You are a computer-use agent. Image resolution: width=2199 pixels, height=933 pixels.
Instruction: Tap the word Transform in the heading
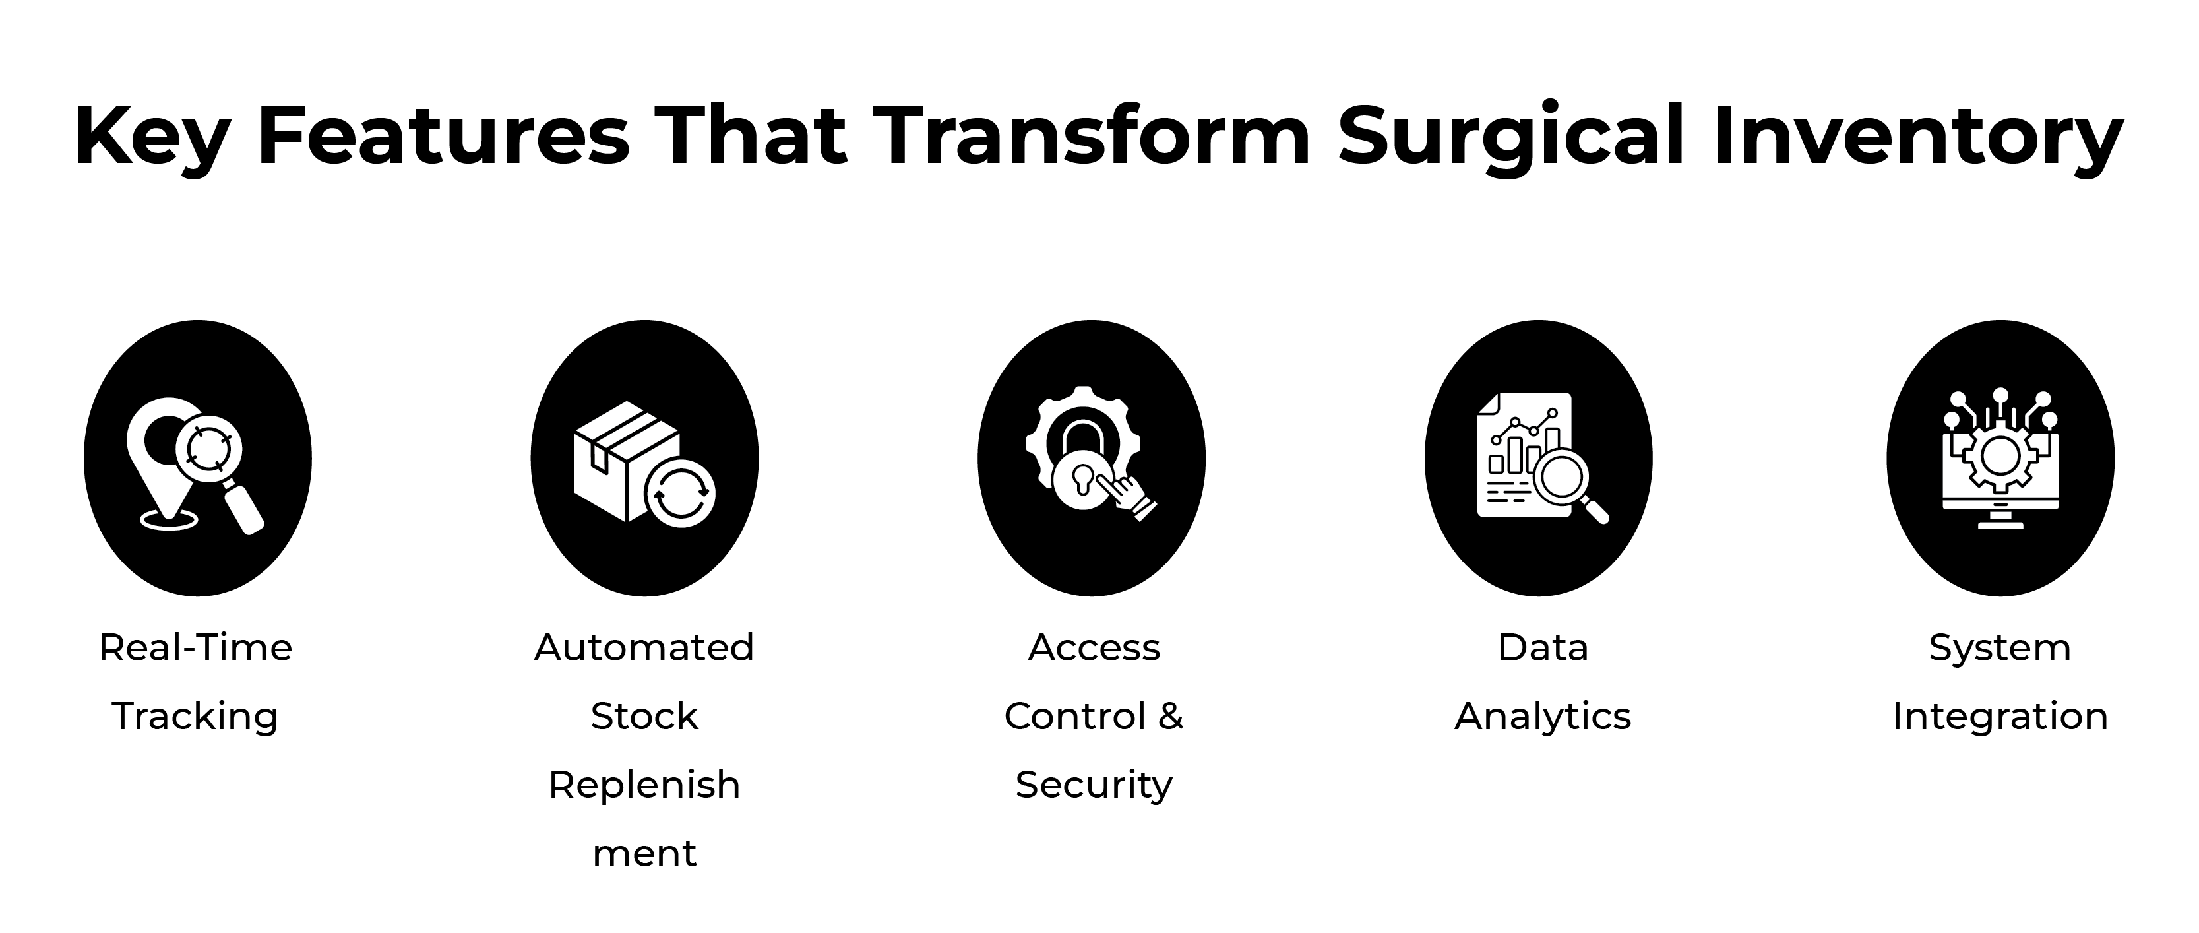tap(1092, 135)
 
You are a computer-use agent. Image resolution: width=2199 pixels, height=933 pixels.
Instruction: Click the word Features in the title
tap(443, 135)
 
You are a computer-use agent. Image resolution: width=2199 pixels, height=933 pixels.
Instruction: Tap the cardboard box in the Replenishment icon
tap(623, 457)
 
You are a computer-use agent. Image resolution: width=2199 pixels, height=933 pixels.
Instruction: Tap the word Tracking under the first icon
tap(195, 716)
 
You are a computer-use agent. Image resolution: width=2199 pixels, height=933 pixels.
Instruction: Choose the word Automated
tap(644, 647)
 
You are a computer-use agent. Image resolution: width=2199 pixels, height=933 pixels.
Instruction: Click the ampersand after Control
tap(1170, 715)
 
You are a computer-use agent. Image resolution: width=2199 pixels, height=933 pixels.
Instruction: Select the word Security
tap(1094, 785)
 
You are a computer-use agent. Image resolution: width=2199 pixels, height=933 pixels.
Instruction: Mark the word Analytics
tap(1543, 716)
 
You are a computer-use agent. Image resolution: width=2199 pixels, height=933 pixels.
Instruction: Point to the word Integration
tap(2000, 716)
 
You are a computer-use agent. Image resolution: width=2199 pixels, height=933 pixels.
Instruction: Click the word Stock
tap(644, 716)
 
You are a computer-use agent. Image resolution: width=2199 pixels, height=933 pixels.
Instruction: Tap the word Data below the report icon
tap(1543, 647)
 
